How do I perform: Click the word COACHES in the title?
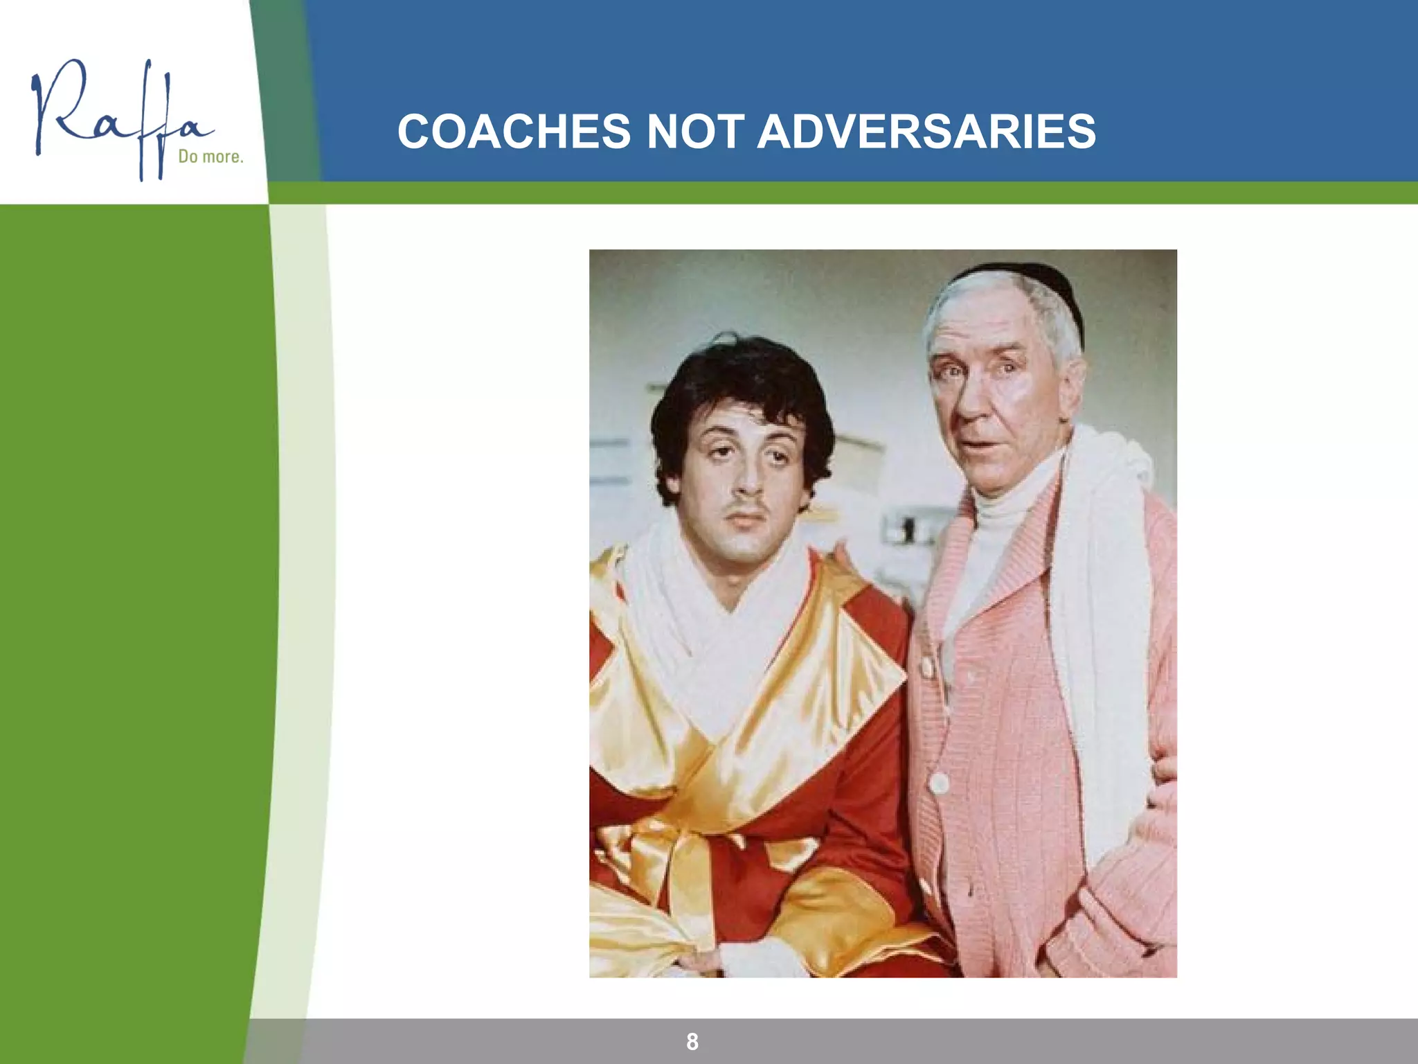click(x=514, y=132)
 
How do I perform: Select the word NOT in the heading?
click(x=694, y=132)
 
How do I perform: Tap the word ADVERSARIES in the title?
click(x=926, y=132)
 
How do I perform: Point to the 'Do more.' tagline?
click(x=210, y=157)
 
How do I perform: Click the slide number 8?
click(x=692, y=1041)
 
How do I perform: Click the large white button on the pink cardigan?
click(x=939, y=783)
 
